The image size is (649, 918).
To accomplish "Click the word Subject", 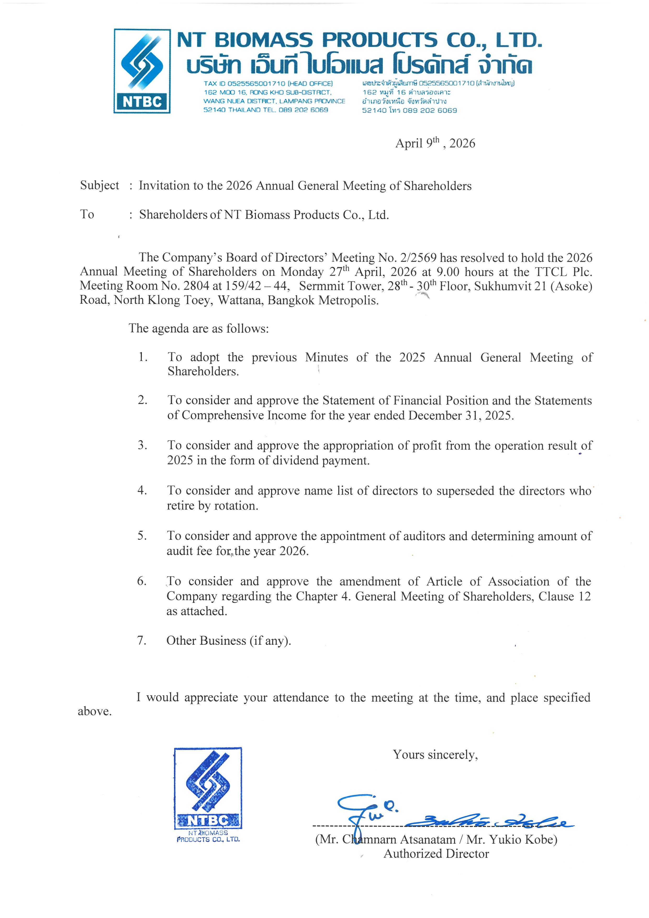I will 99,186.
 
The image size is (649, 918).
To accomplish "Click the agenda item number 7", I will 142,641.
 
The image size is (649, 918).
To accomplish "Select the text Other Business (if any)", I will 228,641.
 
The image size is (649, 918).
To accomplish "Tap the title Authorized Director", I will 436,854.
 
